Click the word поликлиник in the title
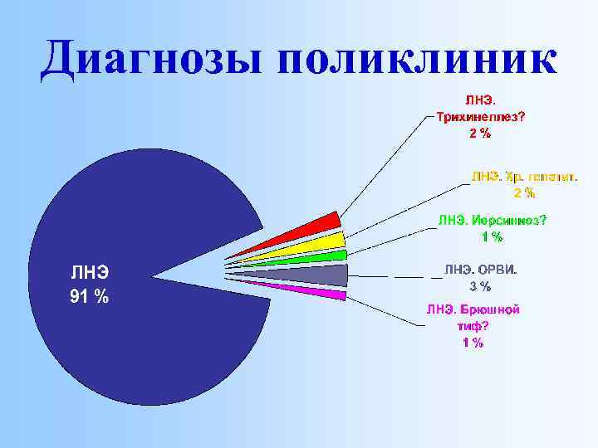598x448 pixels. tap(418, 60)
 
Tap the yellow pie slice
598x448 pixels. tap(324, 243)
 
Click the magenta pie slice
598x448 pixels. tap(328, 292)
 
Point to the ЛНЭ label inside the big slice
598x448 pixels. tap(90, 272)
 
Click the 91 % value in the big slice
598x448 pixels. tap(90, 297)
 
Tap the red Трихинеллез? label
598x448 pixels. tap(480, 117)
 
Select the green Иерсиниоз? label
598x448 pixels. tap(493, 221)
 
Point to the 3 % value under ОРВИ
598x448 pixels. tap(480, 286)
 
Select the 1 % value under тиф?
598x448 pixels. tap(473, 343)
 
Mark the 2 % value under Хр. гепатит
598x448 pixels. tap(523, 193)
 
